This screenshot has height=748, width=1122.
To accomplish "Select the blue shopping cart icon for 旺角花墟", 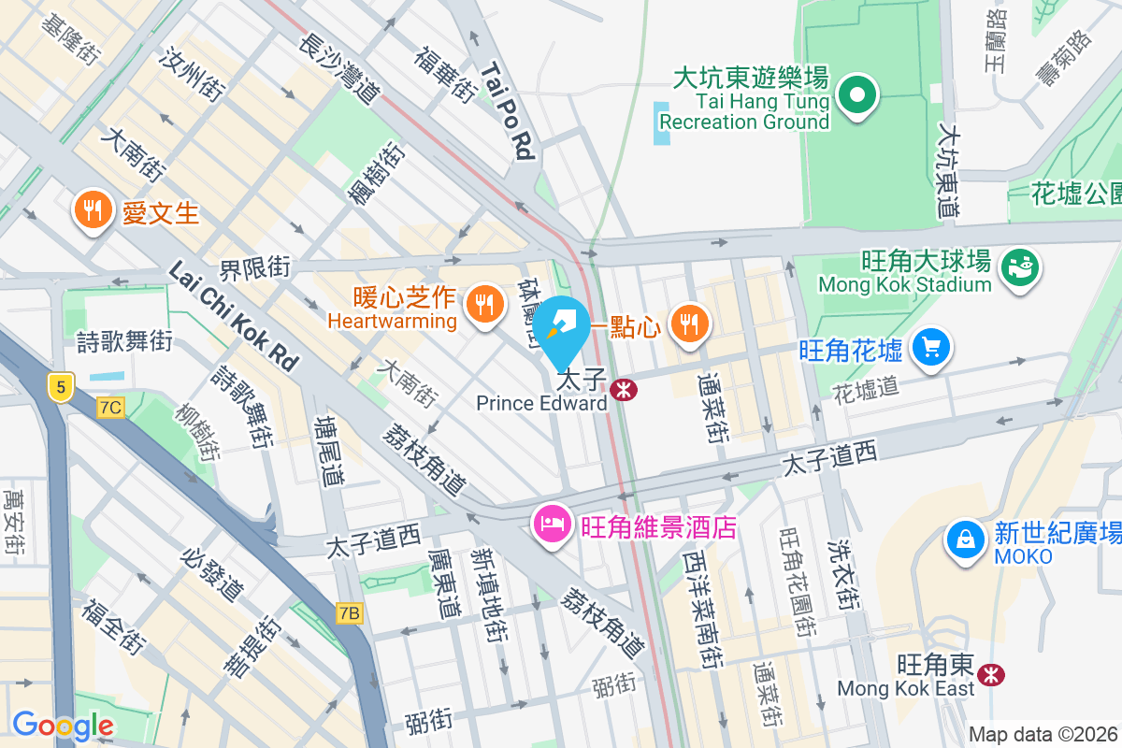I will pyautogui.click(x=931, y=348).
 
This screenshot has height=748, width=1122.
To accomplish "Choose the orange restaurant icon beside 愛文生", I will pyautogui.click(x=92, y=210).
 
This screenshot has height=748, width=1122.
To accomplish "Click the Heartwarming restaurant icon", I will pyautogui.click(x=483, y=304).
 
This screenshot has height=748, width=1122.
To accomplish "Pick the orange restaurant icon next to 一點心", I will pyautogui.click(x=690, y=324).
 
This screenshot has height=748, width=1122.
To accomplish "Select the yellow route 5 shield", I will pyautogui.click(x=61, y=386).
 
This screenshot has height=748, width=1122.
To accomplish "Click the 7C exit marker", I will pyautogui.click(x=110, y=407).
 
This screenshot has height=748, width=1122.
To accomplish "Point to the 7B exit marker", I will pyautogui.click(x=349, y=613).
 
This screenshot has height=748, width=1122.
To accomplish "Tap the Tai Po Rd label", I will pyautogui.click(x=509, y=110).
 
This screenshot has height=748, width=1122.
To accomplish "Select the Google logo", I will pyautogui.click(x=63, y=725).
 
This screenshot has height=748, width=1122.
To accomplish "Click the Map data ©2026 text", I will pyautogui.click(x=1043, y=734).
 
